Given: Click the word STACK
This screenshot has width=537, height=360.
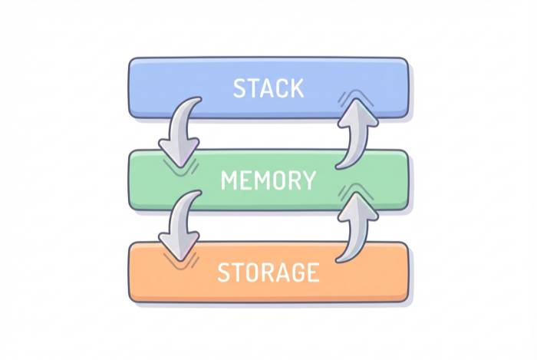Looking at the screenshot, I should pos(268,88).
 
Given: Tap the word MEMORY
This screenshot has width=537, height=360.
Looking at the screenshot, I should pos(268,180).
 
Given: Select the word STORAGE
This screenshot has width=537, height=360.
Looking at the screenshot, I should pos(268,272).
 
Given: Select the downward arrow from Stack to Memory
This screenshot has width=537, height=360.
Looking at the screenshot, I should pos(180,130).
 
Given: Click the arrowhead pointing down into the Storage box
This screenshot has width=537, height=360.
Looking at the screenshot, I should pos(180,247).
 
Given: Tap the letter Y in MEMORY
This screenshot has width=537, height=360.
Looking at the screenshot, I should pos(308,180).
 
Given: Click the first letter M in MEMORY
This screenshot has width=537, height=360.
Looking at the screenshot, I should pos(229,180).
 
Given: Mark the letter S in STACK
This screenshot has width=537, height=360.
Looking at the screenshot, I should pos(239,88).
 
